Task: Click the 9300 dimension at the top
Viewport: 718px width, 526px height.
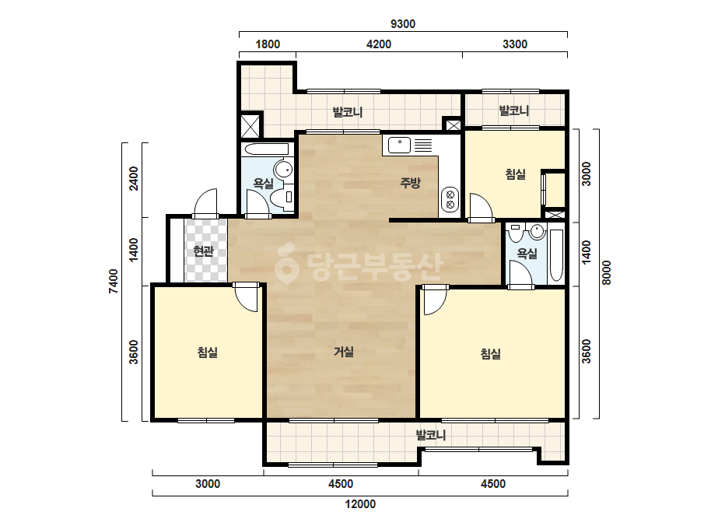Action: (x=402, y=24)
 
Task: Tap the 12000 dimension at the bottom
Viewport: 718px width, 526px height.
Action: (x=360, y=504)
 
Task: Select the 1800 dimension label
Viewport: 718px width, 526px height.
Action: (x=268, y=44)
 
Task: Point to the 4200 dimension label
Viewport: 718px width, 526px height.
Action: (x=379, y=44)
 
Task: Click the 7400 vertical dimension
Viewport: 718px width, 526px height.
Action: (x=113, y=282)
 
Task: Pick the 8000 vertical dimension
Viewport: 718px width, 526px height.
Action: (x=606, y=272)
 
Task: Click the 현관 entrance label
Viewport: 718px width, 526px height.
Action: (x=204, y=251)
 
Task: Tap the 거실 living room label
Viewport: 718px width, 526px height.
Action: (x=343, y=352)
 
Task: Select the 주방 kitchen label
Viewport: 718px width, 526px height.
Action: (x=410, y=183)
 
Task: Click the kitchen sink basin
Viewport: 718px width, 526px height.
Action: (x=399, y=146)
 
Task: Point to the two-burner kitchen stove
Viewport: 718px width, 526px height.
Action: (x=450, y=198)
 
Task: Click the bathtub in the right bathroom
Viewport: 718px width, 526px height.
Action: (x=556, y=254)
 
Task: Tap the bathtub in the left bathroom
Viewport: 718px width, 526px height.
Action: (x=267, y=149)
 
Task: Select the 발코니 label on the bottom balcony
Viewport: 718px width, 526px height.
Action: (x=430, y=435)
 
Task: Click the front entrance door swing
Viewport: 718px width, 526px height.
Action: (x=205, y=202)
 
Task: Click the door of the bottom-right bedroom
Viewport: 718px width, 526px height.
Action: (x=435, y=300)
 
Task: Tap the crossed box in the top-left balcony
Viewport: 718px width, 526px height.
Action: (x=250, y=126)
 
